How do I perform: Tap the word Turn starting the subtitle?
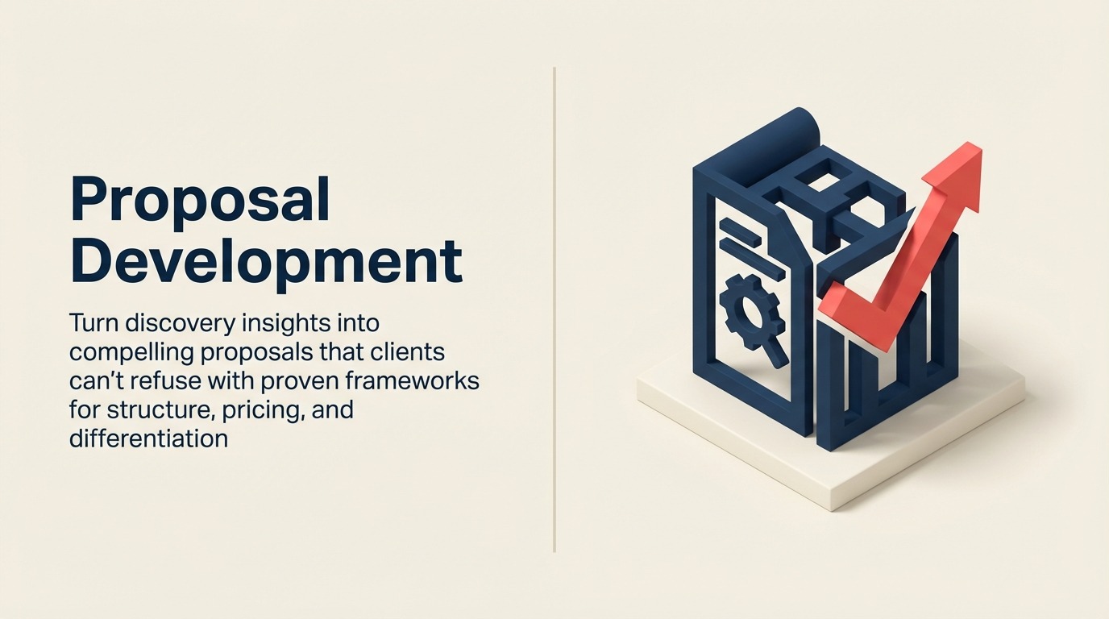[95, 323]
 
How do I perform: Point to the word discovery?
[188, 324]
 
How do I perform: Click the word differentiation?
[149, 438]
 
